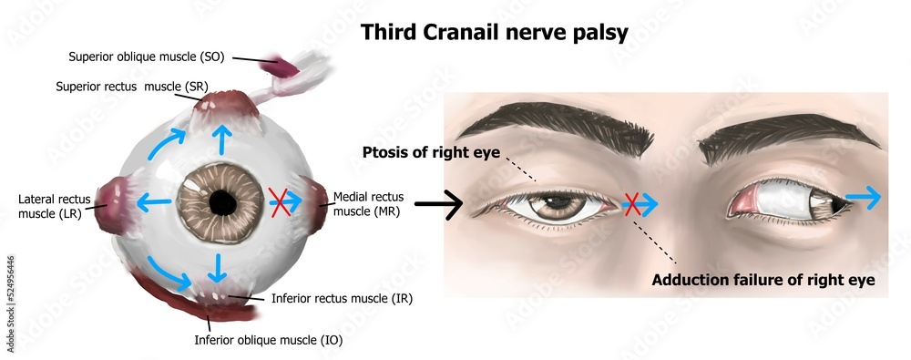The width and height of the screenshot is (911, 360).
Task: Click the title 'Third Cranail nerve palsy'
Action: pos(495,33)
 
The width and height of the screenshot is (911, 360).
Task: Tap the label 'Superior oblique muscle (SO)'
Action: pos(146,57)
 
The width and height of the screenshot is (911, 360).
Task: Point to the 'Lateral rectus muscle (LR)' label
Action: pos(53,206)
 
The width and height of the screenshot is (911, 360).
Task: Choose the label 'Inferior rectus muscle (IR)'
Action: pos(342,298)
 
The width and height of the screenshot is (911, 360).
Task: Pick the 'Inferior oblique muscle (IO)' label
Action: pos(269,342)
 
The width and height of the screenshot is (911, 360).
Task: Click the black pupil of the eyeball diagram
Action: pos(220,201)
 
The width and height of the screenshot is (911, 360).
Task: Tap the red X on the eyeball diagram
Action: pos(279,201)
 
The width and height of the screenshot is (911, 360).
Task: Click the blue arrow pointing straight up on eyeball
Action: pos(220,139)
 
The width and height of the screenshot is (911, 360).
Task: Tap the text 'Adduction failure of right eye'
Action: pos(763,280)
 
